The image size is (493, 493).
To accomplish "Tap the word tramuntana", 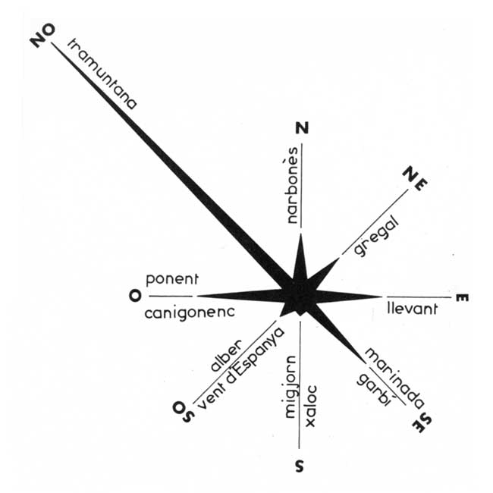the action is (102, 74).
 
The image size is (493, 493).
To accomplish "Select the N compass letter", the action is (302, 128).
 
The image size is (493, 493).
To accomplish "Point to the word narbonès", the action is (292, 185).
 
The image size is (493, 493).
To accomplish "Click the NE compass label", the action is (415, 178).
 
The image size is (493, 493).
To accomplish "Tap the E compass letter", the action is (462, 298).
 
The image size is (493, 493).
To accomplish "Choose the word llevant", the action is (412, 309).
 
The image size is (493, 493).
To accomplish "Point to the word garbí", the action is (374, 390).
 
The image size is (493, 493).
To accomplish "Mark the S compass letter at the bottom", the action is (300, 466).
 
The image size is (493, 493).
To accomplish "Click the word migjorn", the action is (290, 387).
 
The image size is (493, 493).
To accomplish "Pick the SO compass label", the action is (184, 412).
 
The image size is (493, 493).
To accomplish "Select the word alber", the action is (226, 355).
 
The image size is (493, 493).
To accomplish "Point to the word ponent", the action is (172, 279).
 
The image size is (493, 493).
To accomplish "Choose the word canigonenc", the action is (190, 312).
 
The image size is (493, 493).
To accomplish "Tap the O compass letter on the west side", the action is (135, 296).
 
